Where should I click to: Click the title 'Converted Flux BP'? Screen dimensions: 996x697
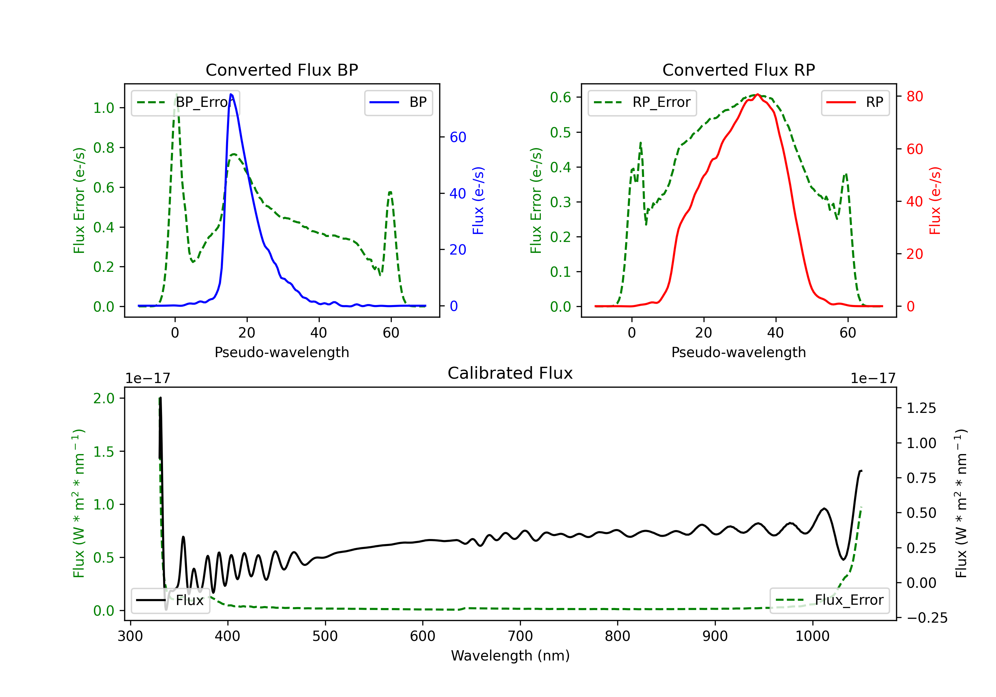click(x=282, y=70)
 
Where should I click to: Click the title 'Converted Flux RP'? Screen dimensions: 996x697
click(x=738, y=70)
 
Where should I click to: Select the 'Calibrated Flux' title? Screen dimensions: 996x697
click(x=510, y=373)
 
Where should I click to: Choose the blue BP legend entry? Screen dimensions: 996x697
click(x=398, y=102)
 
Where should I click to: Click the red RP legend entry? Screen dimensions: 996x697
click(x=855, y=102)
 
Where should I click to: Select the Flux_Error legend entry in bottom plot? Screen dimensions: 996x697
click(x=829, y=600)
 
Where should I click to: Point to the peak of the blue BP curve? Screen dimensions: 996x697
click(x=231, y=94)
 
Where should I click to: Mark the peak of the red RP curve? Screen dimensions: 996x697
click(x=757, y=94)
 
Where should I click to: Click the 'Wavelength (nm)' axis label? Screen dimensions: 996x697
click(x=510, y=656)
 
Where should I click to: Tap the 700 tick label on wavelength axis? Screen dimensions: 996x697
click(x=520, y=636)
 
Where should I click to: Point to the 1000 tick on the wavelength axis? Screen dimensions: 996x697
click(x=812, y=636)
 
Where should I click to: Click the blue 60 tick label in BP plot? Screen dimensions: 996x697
click(x=457, y=137)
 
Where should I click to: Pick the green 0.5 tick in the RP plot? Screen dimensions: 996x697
click(x=560, y=132)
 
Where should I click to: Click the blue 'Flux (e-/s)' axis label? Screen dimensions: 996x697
click(x=478, y=200)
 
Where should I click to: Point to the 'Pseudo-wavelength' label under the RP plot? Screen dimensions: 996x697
click(x=738, y=352)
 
